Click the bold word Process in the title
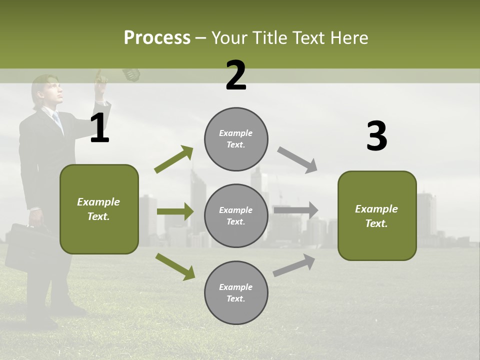point(157,37)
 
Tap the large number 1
point(99,128)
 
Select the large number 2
point(236,75)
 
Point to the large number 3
point(376,136)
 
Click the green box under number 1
point(99,209)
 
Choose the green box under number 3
point(377,215)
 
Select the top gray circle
point(236,138)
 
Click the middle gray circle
point(236,215)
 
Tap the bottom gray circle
point(236,292)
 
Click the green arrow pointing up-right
point(174,159)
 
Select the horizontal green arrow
point(175,211)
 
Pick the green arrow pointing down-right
point(175,266)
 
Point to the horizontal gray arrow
point(295,210)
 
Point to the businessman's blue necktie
point(57,120)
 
